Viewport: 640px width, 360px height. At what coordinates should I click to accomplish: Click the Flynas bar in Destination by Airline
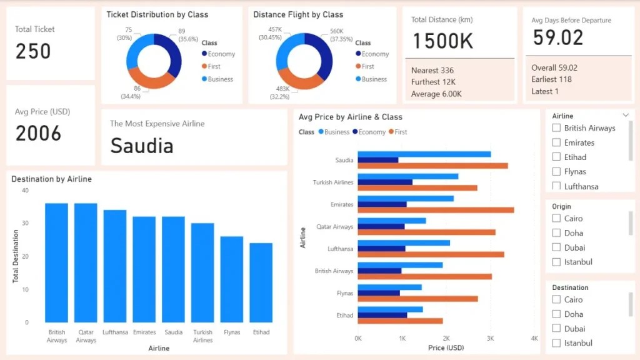tap(232, 279)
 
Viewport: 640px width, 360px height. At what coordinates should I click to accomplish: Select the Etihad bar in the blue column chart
tap(261, 282)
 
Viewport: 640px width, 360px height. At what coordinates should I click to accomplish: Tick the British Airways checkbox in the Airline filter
tap(556, 127)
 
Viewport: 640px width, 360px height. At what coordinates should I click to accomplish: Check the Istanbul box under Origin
tap(556, 262)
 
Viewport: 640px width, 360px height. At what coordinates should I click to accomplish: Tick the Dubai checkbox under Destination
tap(556, 329)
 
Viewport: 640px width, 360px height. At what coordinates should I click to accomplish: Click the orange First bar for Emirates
tap(436, 210)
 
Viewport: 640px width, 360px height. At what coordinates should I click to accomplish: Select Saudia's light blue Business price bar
tap(424, 154)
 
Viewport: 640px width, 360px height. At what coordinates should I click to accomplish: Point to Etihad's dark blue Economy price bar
tap(382, 315)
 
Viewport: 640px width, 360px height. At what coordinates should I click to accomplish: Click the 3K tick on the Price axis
tap(490, 338)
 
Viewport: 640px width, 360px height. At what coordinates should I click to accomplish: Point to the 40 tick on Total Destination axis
tap(25, 190)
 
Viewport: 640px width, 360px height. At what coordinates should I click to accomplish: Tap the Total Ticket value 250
tap(33, 51)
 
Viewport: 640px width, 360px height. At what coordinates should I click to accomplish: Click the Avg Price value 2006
tap(38, 134)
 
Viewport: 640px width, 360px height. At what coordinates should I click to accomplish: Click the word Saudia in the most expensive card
tap(142, 146)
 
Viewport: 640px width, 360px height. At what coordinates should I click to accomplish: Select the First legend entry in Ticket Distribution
tap(211, 66)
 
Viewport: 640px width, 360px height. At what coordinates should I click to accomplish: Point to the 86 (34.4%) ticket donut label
tap(131, 92)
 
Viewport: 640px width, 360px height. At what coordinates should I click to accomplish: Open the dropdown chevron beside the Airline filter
tap(626, 116)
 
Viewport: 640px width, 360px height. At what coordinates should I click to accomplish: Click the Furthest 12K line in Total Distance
tap(433, 82)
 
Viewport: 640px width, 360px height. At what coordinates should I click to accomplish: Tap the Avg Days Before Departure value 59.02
tap(558, 37)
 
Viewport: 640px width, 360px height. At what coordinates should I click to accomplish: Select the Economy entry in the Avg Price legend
tap(369, 132)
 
